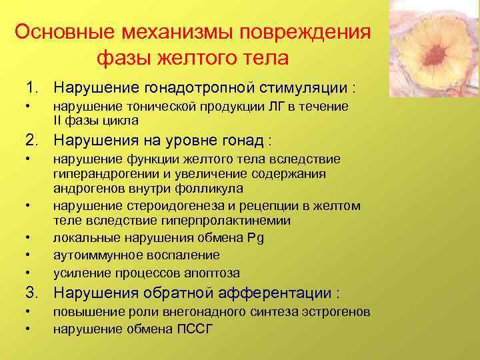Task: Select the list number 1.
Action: click(x=31, y=88)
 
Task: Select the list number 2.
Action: click(x=31, y=141)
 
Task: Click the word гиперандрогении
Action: click(x=97, y=174)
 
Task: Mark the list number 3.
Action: click(x=31, y=293)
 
